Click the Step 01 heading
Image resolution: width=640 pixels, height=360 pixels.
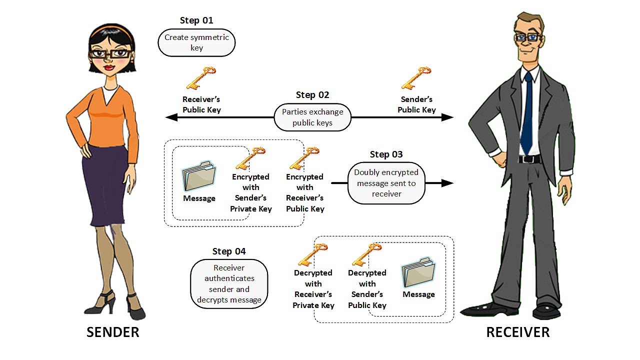pyautogui.click(x=196, y=20)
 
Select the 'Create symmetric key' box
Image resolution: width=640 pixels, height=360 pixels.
pyautogui.click(x=196, y=43)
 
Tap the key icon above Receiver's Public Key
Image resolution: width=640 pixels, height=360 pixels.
pyautogui.click(x=200, y=78)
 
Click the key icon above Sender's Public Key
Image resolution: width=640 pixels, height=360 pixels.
pyautogui.click(x=416, y=78)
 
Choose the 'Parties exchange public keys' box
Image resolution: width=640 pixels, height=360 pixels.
pyautogui.click(x=312, y=117)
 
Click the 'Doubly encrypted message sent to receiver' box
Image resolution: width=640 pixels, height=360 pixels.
pyautogui.click(x=386, y=183)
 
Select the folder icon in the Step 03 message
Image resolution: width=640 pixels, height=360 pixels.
pyautogui.click(x=199, y=176)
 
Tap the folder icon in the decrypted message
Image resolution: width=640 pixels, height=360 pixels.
pyautogui.click(x=418, y=272)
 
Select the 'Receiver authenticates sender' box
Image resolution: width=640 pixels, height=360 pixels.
pyautogui.click(x=229, y=283)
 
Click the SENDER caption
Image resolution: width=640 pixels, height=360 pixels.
pyautogui.click(x=113, y=332)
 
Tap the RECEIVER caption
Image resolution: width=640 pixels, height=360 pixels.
pyautogui.click(x=517, y=332)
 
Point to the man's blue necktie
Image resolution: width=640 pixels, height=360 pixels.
pyautogui.click(x=526, y=115)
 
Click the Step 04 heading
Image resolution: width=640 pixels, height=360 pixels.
pyautogui.click(x=229, y=251)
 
